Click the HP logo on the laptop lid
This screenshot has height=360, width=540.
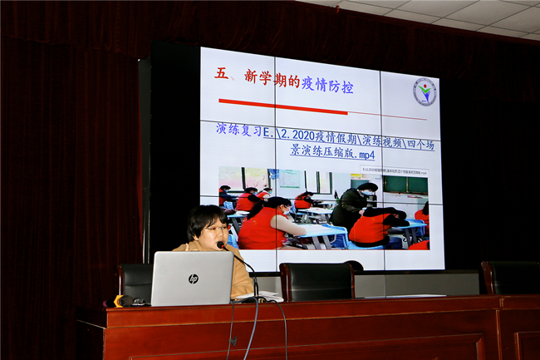[x=193, y=279]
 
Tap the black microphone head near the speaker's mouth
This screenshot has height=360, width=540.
[x=221, y=245]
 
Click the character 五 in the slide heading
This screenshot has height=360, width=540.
[x=221, y=74]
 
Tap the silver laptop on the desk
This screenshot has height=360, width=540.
[x=192, y=279]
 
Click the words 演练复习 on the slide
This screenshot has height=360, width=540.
[x=238, y=131]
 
